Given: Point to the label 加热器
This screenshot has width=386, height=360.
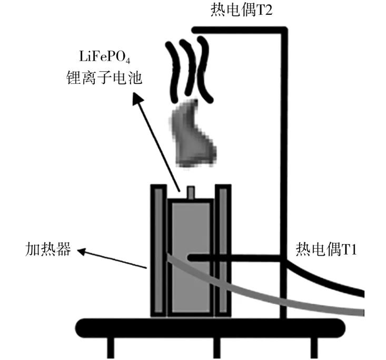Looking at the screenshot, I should (48, 249).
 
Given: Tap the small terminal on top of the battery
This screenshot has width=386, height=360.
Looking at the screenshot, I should (191, 192).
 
